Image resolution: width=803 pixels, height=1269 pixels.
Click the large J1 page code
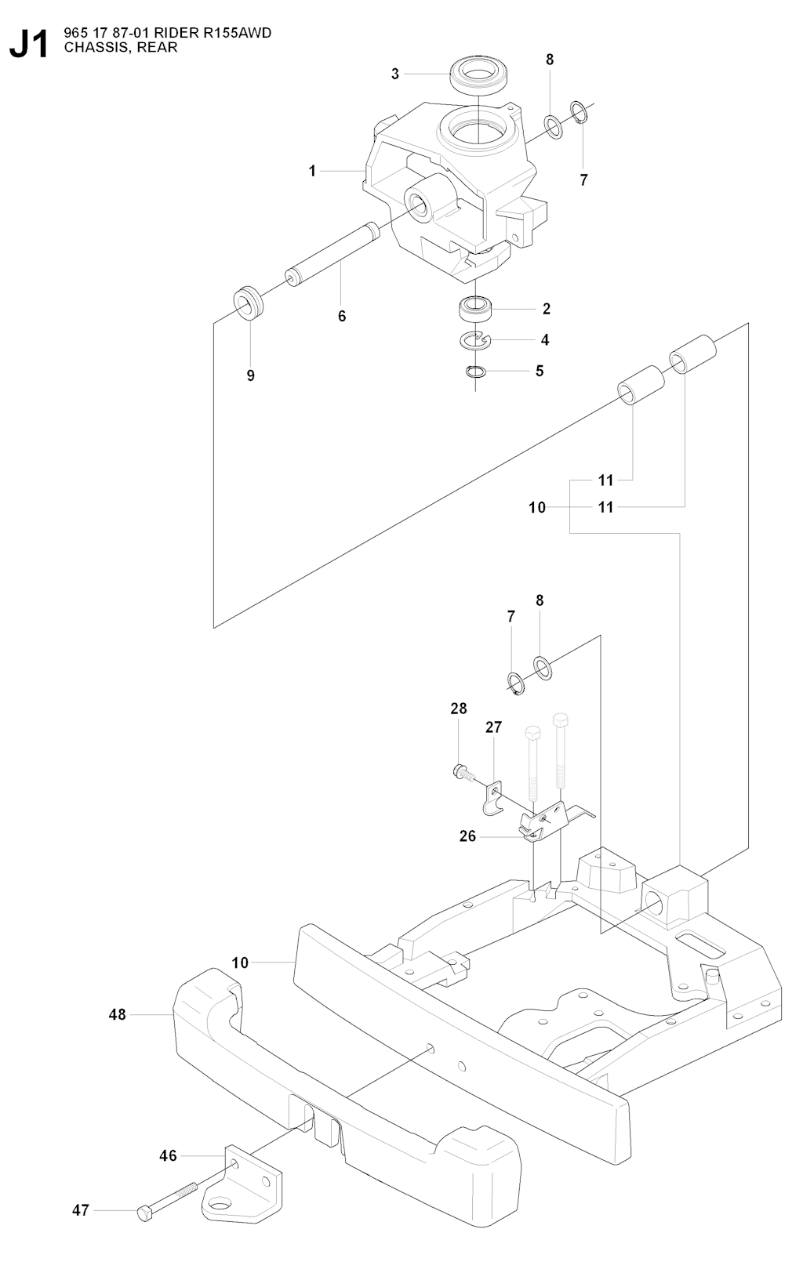pos(30,44)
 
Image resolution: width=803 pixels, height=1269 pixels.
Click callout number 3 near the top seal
pos(395,74)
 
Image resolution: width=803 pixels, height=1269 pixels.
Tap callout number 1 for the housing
pos(312,170)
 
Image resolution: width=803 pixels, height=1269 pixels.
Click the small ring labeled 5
pos(475,371)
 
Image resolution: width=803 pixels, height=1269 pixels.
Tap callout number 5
pos(540,370)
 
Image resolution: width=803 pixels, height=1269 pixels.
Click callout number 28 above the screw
pos(459,709)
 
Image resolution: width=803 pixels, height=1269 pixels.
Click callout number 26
pos(467,836)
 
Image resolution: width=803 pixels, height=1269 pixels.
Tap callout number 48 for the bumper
pos(117,1014)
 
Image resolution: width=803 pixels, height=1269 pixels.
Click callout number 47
pos(81,1210)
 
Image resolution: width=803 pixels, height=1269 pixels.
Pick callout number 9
pos(251,375)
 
